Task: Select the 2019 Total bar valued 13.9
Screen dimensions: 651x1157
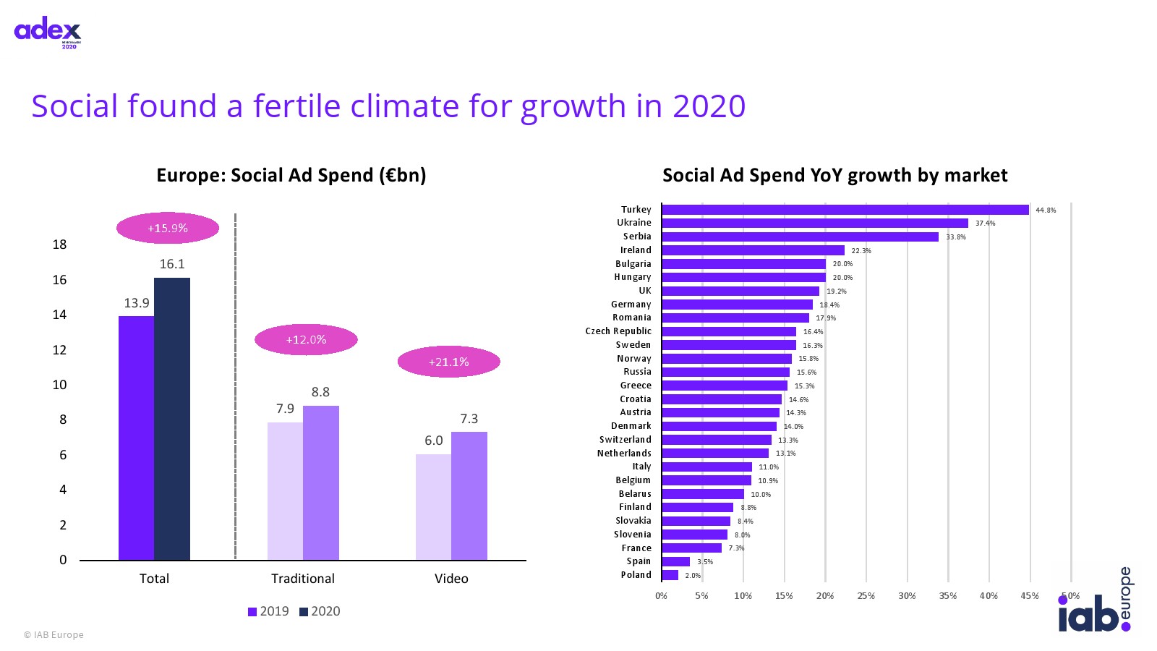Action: [x=136, y=438]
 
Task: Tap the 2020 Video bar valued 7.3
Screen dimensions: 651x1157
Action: [x=469, y=495]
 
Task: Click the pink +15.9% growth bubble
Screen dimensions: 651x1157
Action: [x=168, y=228]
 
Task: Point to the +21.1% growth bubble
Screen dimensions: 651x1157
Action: [x=448, y=362]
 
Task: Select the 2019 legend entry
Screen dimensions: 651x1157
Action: [x=268, y=611]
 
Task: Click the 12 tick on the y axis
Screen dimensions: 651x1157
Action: [x=59, y=350]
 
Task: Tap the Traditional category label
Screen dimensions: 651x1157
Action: [x=302, y=579]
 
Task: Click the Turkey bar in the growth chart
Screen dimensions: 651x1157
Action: [x=845, y=210]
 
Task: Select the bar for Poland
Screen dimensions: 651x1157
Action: [x=670, y=575]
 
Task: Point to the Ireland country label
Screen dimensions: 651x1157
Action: [x=636, y=250]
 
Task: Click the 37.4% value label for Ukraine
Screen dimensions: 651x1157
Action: [x=985, y=224]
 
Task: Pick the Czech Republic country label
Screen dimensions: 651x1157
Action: [x=618, y=331]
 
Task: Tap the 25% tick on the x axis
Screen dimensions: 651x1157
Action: [x=866, y=596]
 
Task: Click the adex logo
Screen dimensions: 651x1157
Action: [x=48, y=32]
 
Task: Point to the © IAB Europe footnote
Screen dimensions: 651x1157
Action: [x=54, y=635]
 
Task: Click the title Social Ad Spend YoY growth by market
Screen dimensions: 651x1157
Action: [x=834, y=176]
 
